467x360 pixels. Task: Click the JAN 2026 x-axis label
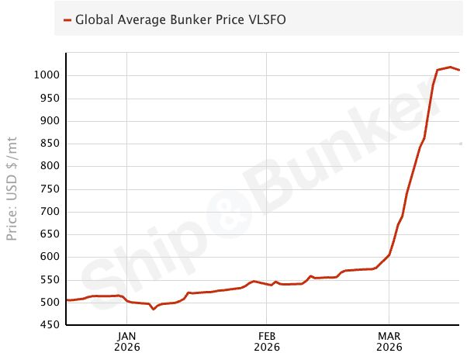pos(127,341)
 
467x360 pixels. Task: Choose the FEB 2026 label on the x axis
pos(266,341)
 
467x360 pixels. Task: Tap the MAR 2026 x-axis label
pos(389,341)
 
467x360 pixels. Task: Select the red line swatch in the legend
pos(67,20)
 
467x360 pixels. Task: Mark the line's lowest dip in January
pos(154,309)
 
